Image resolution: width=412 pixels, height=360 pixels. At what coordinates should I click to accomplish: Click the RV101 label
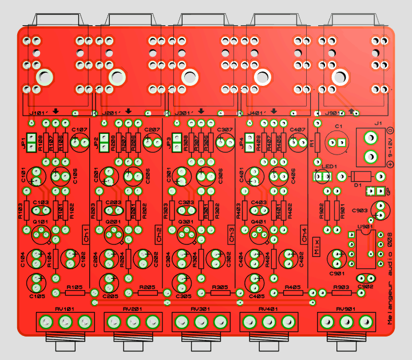coord(65,308)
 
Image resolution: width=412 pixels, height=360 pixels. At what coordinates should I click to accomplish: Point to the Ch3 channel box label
coord(232,234)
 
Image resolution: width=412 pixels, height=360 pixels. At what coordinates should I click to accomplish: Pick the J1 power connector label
coord(378,123)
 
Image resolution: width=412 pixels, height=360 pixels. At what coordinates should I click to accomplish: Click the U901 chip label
coord(362,227)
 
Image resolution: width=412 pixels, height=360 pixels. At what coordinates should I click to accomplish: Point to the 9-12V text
coord(391,148)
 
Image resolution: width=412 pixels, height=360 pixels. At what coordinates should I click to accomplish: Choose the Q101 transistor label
coord(41,221)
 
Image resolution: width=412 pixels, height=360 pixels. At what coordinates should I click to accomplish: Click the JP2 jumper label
coord(96,143)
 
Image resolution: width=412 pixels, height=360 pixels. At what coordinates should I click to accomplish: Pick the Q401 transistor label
coord(259,221)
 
